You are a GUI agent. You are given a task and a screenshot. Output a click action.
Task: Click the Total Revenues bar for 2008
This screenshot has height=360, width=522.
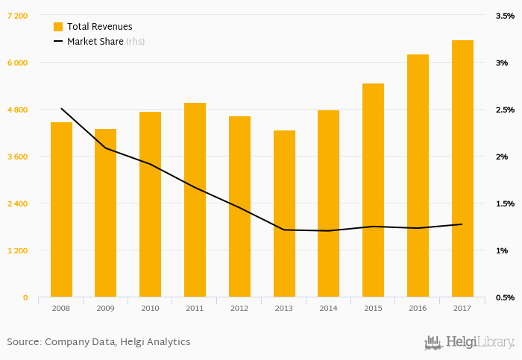click(x=61, y=209)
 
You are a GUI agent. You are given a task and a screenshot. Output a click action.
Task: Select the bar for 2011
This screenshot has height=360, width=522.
click(x=195, y=200)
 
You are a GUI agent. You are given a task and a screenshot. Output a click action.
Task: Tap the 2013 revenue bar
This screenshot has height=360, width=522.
click(x=284, y=214)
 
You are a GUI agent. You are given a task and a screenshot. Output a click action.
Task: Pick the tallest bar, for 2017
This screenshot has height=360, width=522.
click(x=462, y=168)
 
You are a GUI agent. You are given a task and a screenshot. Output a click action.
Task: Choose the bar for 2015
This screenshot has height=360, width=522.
click(x=373, y=190)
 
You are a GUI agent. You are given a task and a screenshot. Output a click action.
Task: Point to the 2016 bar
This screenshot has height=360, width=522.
click(x=418, y=176)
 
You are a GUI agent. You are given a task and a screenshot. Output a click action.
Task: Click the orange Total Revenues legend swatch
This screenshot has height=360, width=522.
click(x=58, y=27)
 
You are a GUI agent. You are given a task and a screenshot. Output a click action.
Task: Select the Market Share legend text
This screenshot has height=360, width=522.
click(x=95, y=42)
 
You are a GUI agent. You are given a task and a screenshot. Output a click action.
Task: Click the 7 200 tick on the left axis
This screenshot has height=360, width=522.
click(x=17, y=16)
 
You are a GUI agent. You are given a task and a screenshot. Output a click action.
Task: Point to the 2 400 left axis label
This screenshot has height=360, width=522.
click(x=17, y=203)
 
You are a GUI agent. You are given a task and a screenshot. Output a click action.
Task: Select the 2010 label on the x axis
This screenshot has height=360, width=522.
click(x=150, y=308)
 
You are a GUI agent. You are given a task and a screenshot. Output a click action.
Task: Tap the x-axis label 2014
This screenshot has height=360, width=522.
click(x=328, y=308)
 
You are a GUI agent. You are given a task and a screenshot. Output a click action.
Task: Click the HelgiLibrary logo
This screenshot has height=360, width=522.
click(x=469, y=342)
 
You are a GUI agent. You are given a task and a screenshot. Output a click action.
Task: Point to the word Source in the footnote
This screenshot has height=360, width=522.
click(x=24, y=342)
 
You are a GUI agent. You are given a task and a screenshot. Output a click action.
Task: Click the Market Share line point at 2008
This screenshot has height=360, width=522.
click(x=61, y=109)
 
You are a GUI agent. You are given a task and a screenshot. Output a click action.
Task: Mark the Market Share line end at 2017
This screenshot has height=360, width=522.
click(x=462, y=224)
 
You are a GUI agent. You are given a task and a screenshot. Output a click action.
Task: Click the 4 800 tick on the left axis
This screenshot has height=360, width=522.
click(x=17, y=110)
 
